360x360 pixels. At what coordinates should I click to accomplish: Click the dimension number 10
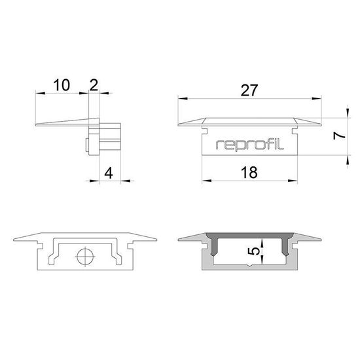(62, 85)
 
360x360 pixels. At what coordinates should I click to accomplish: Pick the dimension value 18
(248, 173)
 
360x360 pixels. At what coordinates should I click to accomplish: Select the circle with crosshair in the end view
(84, 257)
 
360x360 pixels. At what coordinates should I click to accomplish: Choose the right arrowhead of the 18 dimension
(292, 181)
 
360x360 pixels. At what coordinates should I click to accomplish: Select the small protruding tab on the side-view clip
(87, 145)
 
